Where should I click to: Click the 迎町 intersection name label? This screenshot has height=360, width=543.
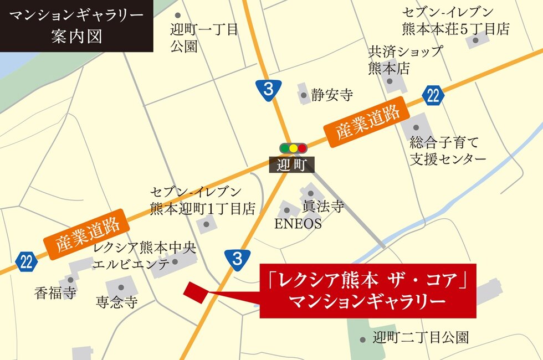(292, 164)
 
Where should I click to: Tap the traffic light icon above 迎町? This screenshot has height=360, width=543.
(293, 148)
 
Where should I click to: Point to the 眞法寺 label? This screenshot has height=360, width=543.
(322, 207)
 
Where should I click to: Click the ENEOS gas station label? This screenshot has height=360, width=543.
(298, 224)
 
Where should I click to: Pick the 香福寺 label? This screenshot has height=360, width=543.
(55, 292)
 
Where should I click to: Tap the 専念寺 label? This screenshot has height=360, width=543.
(116, 302)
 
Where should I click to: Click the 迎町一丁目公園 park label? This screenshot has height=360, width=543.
(204, 37)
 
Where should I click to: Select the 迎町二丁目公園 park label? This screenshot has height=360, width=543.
(421, 337)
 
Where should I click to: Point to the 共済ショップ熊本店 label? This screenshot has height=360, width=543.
(406, 60)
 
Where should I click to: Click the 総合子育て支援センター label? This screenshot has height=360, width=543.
(448, 150)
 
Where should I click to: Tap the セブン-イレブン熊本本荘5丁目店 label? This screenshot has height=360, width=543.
(455, 20)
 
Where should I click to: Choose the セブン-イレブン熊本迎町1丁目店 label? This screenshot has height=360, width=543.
(202, 200)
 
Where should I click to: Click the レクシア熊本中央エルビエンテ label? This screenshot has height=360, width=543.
(145, 255)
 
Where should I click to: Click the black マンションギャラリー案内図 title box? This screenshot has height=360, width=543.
(76, 26)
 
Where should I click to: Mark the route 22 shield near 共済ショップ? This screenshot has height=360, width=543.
(433, 95)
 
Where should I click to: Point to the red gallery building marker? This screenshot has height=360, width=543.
(194, 292)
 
